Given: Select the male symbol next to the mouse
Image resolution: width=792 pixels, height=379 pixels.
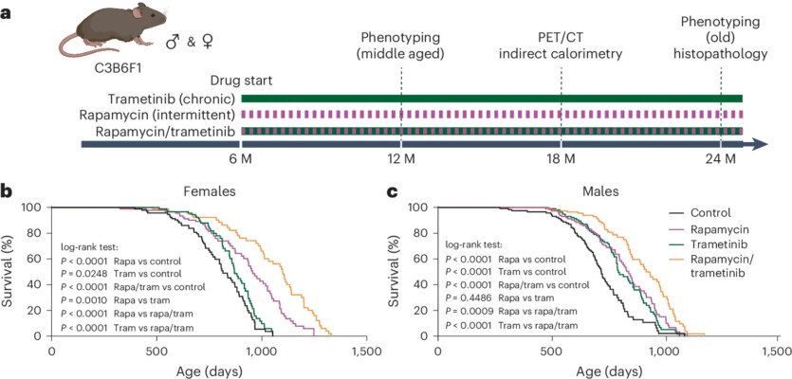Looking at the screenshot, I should click(172, 43).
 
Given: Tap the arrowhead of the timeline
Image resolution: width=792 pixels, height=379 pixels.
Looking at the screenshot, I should click(760, 143).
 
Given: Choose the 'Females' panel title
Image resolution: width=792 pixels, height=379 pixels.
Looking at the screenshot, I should click(211, 190).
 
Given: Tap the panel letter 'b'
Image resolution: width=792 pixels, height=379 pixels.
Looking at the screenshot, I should click(7, 190).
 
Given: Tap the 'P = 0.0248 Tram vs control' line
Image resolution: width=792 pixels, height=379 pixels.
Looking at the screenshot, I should click(120, 272).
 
